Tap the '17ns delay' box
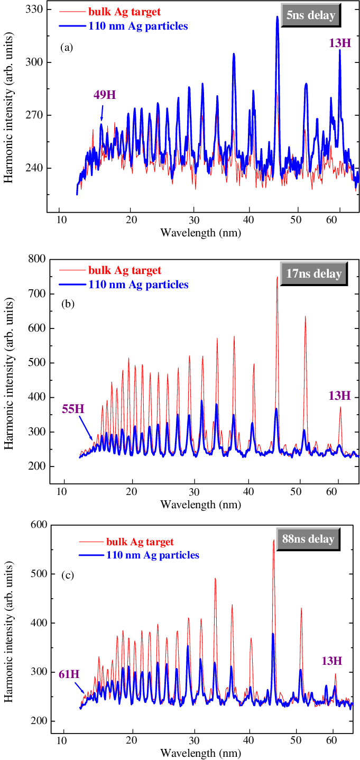click(x=311, y=274)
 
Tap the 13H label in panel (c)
click(x=331, y=661)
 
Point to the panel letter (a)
click(x=67, y=48)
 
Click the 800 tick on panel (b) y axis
click(x=35, y=259)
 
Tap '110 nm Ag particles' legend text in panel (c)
click(x=152, y=555)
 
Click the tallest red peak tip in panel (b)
click(x=277, y=277)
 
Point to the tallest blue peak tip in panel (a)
click(x=277, y=16)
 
